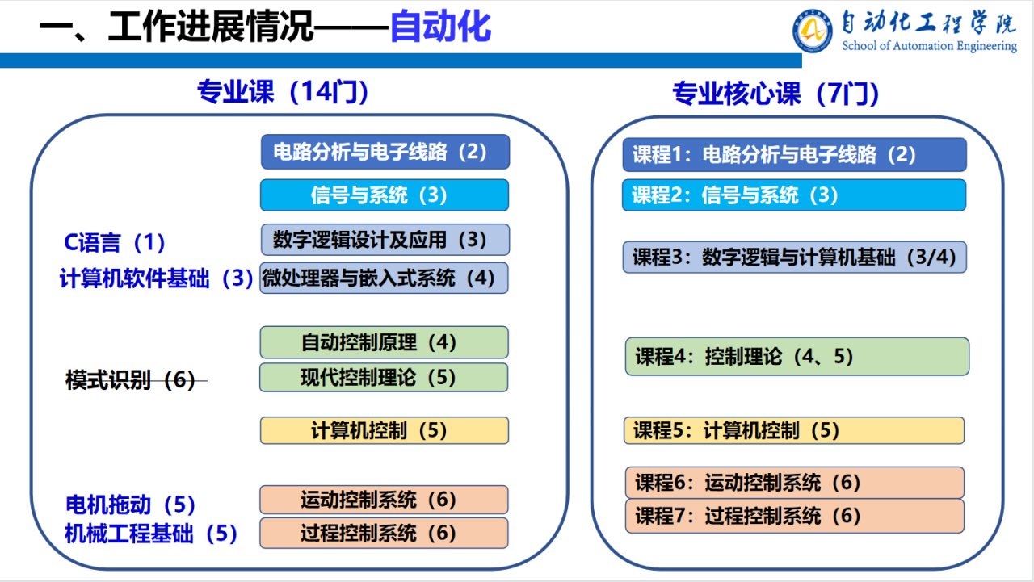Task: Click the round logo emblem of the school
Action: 813,31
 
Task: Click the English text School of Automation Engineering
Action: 929,46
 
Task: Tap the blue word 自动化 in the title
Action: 441,27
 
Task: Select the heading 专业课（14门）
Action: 283,91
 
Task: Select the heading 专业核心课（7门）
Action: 775,94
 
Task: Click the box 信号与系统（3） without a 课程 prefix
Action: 385,195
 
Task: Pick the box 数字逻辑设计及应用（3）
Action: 385,240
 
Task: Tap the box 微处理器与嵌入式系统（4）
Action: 384,278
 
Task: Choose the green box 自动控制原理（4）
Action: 384,342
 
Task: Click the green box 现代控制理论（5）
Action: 384,377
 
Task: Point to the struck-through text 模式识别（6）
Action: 131,380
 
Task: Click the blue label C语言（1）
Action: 114,243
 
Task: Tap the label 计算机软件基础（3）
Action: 156,278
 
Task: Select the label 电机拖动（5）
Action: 130,505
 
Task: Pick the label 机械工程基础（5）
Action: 150,534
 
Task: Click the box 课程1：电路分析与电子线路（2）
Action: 794,154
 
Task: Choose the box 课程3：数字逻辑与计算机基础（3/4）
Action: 794,257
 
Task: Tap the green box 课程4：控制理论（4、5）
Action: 797,357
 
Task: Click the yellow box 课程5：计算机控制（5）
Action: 794,431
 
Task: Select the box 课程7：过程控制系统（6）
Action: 795,516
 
